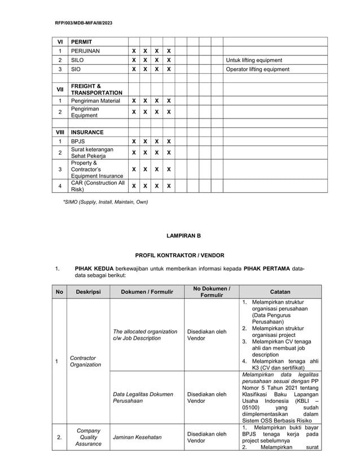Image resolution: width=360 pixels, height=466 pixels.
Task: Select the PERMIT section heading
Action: pyautogui.click(x=81, y=42)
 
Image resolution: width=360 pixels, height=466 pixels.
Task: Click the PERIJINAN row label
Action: pyautogui.click(x=86, y=51)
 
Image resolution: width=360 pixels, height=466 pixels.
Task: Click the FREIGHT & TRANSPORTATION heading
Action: pyautogui.click(x=96, y=89)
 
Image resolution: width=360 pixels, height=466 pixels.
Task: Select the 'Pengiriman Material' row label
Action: pyautogui.click(x=95, y=101)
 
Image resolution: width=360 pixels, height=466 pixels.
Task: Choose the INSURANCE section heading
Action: pyautogui.click(x=87, y=132)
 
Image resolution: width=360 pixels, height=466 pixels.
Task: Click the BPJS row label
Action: pyautogui.click(x=78, y=142)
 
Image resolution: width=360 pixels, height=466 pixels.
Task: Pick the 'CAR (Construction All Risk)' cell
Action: pyautogui.click(x=97, y=186)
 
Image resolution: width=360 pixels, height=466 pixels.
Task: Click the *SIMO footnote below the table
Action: pyautogui.click(x=105, y=201)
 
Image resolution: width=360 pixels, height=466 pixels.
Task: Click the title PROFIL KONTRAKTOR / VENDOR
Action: pyautogui.click(x=179, y=255)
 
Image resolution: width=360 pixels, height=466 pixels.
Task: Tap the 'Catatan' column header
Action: pyautogui.click(x=280, y=292)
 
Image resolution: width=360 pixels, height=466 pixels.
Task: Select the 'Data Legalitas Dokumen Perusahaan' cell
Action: pyautogui.click(x=143, y=397)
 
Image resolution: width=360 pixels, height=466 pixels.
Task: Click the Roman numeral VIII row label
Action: pyautogui.click(x=60, y=132)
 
